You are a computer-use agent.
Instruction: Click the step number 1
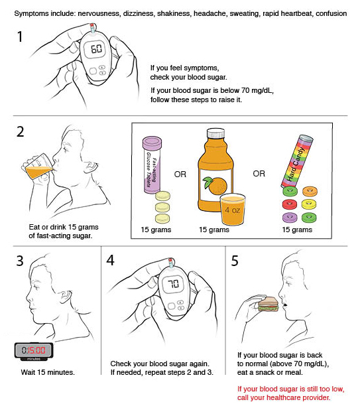(x=20, y=36)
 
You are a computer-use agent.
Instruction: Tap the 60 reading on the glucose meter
(x=96, y=49)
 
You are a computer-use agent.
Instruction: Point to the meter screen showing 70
(x=173, y=283)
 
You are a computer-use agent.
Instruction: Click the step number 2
(x=21, y=131)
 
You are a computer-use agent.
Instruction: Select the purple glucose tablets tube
(x=152, y=165)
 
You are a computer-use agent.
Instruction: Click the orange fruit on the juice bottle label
(x=215, y=185)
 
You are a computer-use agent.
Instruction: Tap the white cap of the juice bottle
(x=216, y=133)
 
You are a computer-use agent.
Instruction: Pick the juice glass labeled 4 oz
(x=233, y=210)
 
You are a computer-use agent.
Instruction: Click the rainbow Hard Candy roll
(x=297, y=161)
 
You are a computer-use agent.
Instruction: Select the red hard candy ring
(x=290, y=204)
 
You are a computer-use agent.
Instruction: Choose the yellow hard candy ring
(x=309, y=204)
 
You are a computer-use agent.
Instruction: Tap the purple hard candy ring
(x=290, y=218)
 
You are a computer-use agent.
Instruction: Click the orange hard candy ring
(x=310, y=192)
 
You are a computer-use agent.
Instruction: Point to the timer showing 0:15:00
(x=34, y=351)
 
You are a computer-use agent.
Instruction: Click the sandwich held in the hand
(x=269, y=303)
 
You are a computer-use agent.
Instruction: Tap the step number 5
(x=235, y=261)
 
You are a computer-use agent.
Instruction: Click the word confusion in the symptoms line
(x=331, y=13)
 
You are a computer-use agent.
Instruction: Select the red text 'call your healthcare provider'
(x=284, y=397)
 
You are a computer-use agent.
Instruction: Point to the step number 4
(x=110, y=260)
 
